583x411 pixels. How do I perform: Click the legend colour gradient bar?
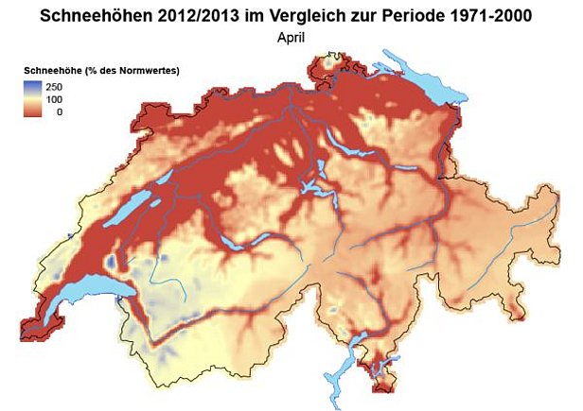pyautogui.click(x=33, y=97)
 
